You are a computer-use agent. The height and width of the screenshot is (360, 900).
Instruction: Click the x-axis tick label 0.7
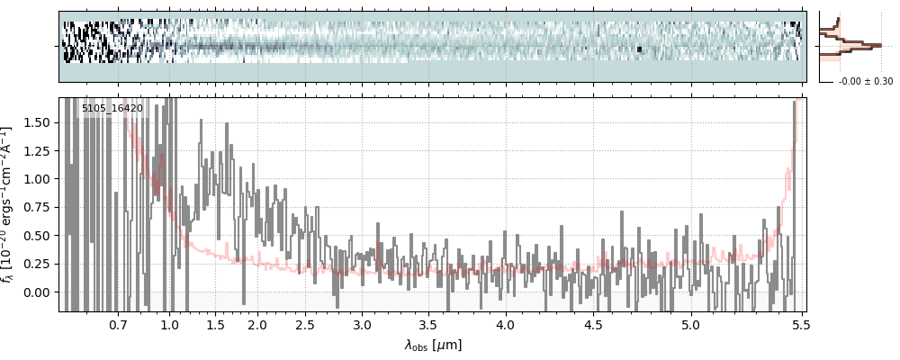tap(117, 325)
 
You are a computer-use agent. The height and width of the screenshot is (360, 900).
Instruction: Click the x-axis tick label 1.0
tap(169, 325)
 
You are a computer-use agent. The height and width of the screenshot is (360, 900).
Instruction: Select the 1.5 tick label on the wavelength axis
tap(216, 325)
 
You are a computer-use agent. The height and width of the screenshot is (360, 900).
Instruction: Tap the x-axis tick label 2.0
tap(257, 325)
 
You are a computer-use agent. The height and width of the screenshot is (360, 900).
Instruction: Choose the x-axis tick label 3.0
tap(362, 325)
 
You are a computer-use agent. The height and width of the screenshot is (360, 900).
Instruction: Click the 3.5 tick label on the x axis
tap(431, 325)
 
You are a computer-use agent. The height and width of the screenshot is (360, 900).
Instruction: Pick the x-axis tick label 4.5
tap(593, 325)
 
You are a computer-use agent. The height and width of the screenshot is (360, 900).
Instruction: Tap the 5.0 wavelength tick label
tap(690, 325)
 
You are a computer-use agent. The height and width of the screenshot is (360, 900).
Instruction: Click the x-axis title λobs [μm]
tap(433, 345)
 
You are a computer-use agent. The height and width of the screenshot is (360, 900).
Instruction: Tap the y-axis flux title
tap(10, 205)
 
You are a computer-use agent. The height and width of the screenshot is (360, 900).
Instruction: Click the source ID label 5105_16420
tap(112, 109)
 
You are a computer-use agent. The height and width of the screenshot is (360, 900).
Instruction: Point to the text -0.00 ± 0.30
tap(865, 82)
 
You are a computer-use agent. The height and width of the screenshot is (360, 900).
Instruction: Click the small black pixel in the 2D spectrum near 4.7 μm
tap(639, 49)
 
